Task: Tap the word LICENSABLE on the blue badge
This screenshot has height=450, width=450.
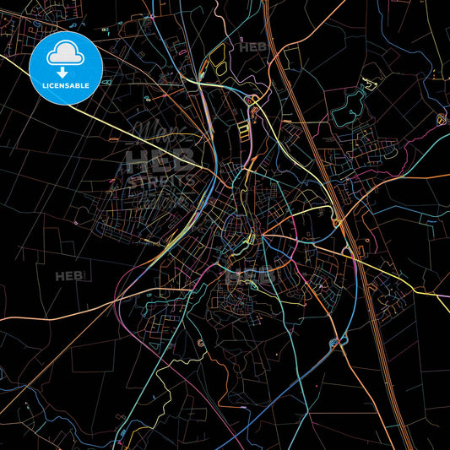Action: tap(65, 85)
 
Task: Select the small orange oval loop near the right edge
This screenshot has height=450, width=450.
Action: tap(441, 119)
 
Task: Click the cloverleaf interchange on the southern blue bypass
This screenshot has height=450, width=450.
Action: tap(337, 342)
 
